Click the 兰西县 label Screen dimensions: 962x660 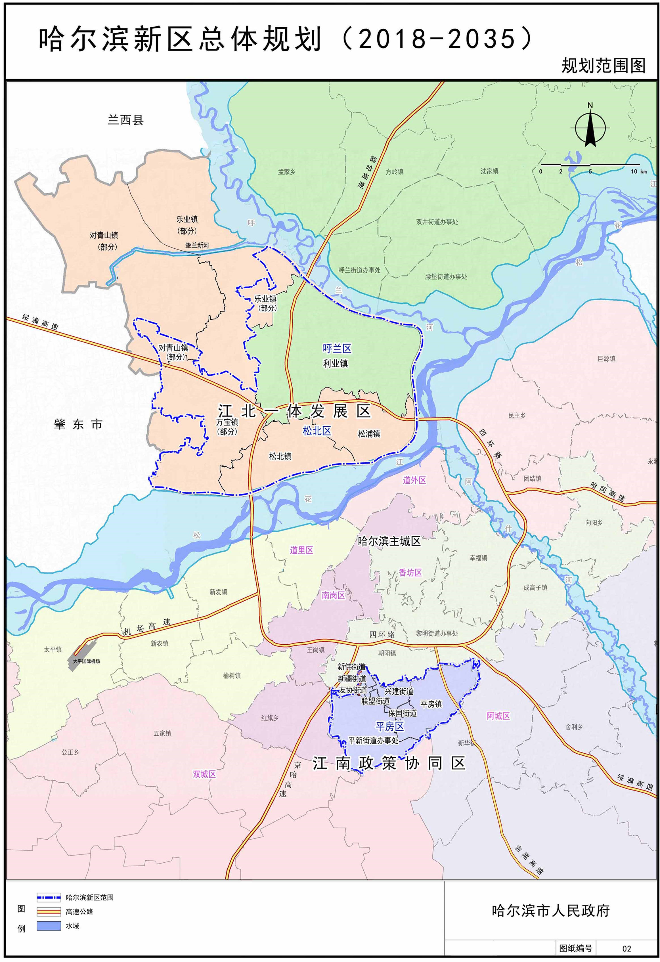click(125, 120)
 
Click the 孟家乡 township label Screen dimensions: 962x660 click(286, 171)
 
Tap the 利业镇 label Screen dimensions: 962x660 click(335, 363)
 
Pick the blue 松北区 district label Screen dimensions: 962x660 click(317, 431)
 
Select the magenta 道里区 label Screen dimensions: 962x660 click(301, 550)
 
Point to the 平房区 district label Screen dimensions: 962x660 click(389, 726)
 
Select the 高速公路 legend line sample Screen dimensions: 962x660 click(49, 911)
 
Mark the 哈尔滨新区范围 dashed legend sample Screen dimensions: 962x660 click(49, 898)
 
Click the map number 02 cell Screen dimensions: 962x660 click(627, 948)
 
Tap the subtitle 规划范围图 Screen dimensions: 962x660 click(603, 65)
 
